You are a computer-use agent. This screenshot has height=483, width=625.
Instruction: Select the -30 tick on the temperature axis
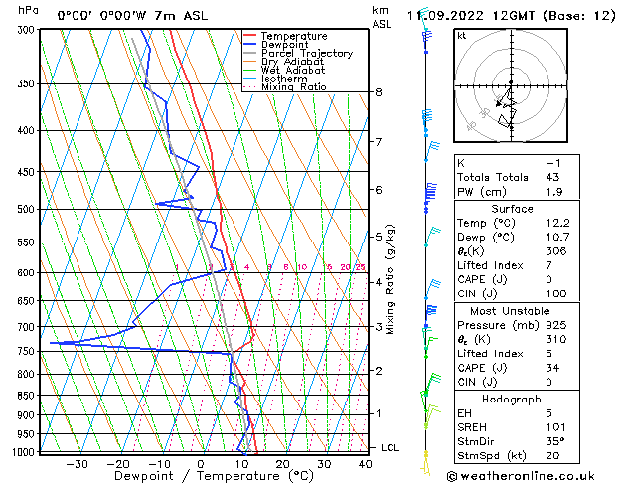(x=77, y=464)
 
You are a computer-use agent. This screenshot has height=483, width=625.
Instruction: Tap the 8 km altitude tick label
(x=379, y=92)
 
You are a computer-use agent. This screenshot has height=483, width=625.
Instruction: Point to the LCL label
(x=391, y=447)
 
